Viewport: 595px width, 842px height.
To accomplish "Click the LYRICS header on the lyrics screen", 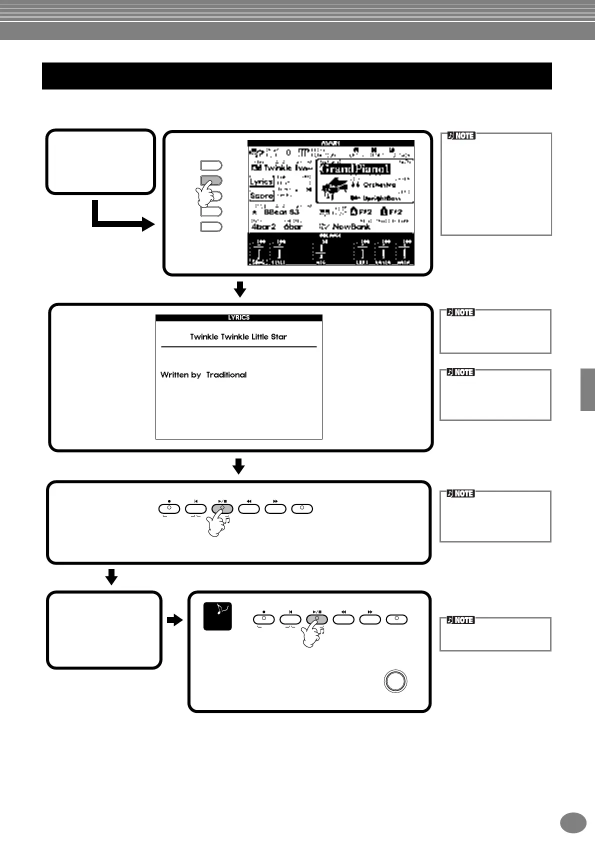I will point(238,317).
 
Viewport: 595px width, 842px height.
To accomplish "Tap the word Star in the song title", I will point(278,336).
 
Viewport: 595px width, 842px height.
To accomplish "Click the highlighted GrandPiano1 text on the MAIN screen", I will point(354,169).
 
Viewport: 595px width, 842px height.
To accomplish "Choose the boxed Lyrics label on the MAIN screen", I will point(261,182).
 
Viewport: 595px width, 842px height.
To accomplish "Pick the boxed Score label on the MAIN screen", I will point(261,196).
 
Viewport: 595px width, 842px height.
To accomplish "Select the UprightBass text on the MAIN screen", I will point(381,198).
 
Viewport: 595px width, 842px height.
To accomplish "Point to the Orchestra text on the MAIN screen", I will point(379,184).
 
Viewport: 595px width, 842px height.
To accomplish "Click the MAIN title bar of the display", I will point(330,143).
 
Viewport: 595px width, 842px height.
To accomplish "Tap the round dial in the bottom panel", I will point(395,681).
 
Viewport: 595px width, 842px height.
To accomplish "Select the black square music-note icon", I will point(218,615).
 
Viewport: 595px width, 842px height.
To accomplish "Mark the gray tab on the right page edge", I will point(587,389).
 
